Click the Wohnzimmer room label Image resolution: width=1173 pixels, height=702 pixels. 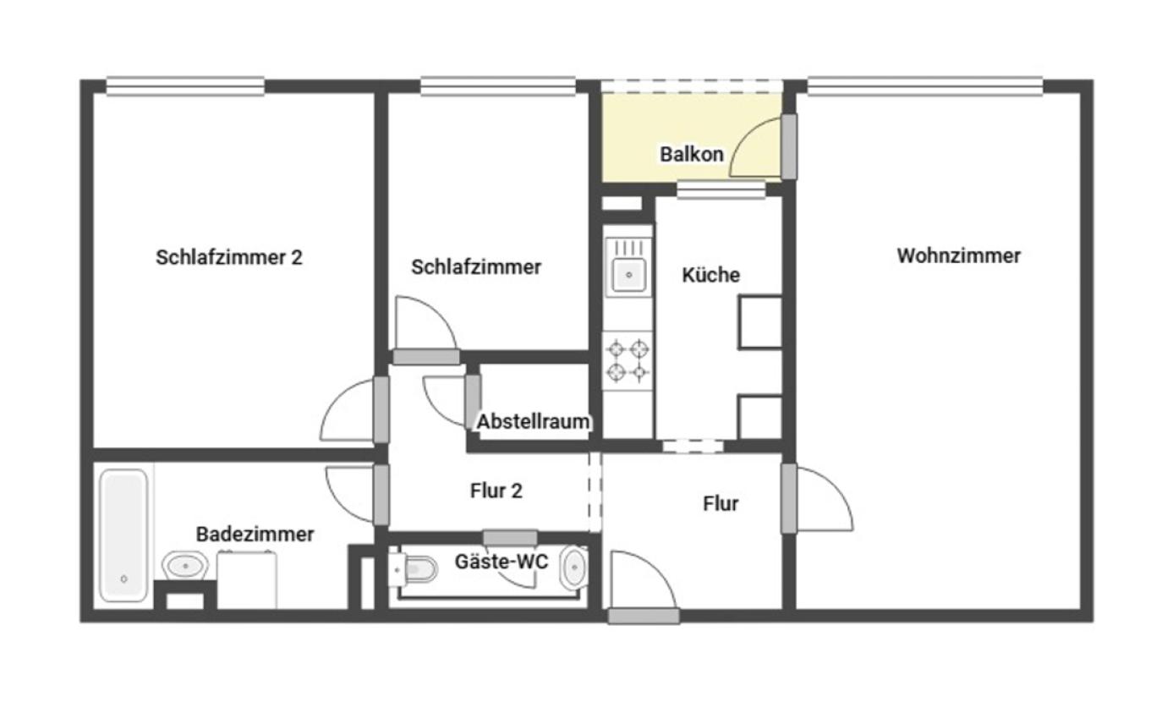(x=958, y=255)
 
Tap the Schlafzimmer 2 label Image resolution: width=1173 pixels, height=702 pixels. (x=228, y=257)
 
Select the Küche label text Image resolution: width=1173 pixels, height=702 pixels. (x=710, y=275)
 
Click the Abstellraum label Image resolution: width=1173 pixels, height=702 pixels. (x=533, y=421)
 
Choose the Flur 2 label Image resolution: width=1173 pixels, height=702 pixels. (x=496, y=491)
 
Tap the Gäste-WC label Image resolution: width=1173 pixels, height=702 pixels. (x=502, y=561)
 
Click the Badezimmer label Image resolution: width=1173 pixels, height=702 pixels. (x=255, y=534)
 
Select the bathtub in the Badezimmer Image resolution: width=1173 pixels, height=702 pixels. (x=123, y=535)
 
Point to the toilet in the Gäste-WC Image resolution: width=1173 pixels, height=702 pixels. (x=416, y=568)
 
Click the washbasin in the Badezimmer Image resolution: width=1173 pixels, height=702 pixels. (x=185, y=564)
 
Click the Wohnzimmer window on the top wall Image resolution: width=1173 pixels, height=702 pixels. (x=924, y=85)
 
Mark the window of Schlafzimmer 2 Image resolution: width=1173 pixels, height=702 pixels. (x=185, y=85)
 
